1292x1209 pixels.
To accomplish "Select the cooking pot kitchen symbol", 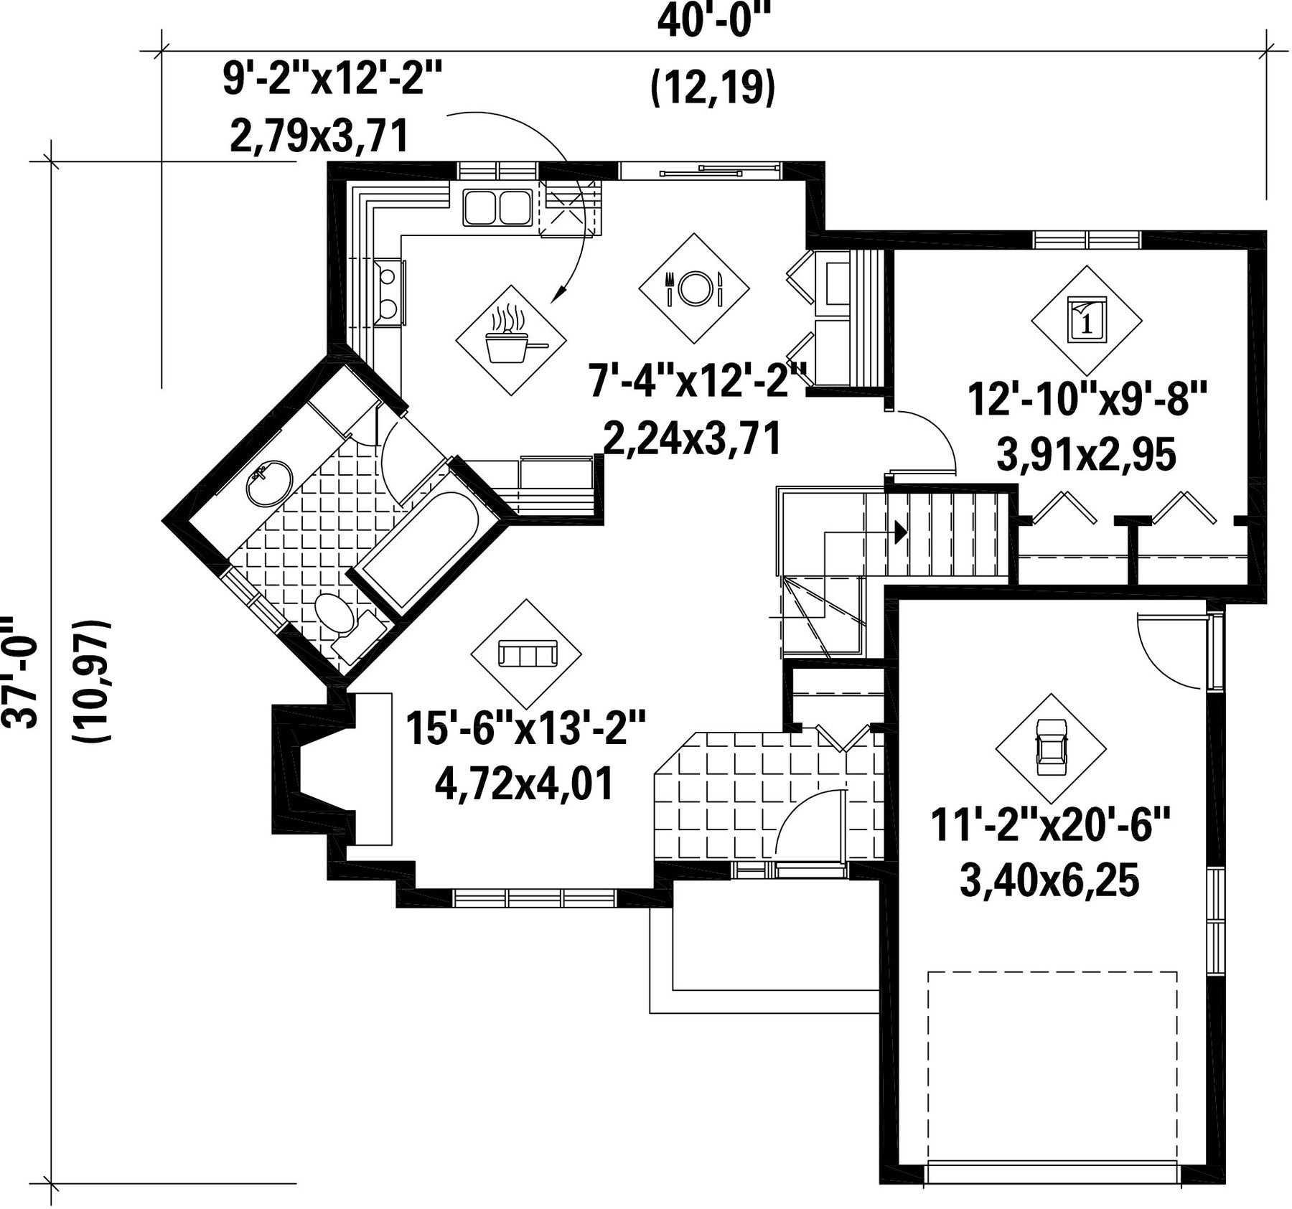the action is [x=511, y=340].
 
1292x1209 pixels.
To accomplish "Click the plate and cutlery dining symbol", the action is [x=694, y=288].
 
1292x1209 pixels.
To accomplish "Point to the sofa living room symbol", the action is [x=526, y=654].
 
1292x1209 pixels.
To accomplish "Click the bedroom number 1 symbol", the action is [x=1086, y=318].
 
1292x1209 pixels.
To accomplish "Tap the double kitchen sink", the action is [x=497, y=207].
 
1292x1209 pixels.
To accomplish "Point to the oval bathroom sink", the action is [x=269, y=482].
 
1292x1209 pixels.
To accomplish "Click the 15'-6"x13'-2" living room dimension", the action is [x=526, y=729].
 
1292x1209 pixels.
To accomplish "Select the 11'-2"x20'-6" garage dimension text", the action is [x=1051, y=827].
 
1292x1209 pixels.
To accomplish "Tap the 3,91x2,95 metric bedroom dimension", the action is [x=1087, y=454].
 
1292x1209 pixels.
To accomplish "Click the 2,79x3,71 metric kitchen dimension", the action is [x=319, y=136].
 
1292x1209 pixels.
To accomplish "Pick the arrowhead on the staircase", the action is [x=899, y=532].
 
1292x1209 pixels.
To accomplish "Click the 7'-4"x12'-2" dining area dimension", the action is [x=698, y=381].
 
